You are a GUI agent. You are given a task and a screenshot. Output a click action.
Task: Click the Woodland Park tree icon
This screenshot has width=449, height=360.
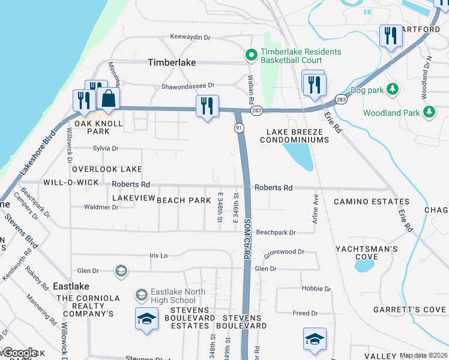429,112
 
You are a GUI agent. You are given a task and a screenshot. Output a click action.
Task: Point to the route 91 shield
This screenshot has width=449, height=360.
238,128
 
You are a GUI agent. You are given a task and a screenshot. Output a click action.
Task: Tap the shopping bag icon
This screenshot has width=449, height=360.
108,99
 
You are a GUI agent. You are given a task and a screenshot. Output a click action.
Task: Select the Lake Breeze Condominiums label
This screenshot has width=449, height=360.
295,136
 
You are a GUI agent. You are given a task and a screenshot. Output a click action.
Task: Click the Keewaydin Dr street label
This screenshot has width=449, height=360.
190,37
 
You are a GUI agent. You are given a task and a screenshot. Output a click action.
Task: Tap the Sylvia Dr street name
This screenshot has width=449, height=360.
106,148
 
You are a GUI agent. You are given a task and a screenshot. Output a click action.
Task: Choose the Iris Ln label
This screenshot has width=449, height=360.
158,255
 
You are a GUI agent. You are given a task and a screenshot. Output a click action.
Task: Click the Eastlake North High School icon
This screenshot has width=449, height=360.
142,295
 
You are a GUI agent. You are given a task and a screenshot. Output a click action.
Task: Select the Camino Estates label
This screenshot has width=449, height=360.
363,202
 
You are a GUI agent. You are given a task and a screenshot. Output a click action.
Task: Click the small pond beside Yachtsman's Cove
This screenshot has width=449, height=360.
366,263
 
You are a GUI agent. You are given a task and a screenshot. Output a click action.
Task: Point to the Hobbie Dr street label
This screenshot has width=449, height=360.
312,288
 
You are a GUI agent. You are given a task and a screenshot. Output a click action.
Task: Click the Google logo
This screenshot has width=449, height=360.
19,353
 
